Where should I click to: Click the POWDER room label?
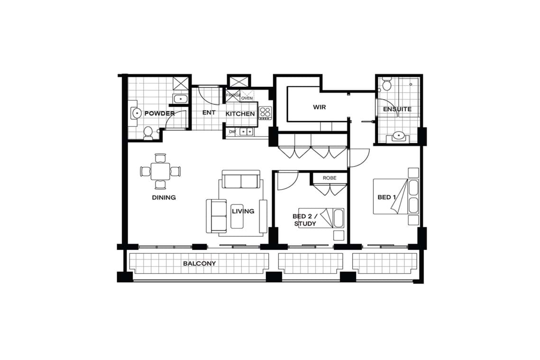[159, 113]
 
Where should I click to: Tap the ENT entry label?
[209, 113]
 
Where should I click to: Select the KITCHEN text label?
[240, 114]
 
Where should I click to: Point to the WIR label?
[319, 107]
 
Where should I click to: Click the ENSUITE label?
[397, 109]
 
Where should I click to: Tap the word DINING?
[164, 197]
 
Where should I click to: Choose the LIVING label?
[243, 211]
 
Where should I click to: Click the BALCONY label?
[200, 264]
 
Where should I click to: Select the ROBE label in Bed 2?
[329, 178]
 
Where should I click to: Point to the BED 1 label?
[386, 197]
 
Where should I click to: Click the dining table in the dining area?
[161, 171]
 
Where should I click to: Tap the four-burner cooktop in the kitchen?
[265, 113]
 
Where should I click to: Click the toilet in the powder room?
[148, 133]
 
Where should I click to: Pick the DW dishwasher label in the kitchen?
[232, 132]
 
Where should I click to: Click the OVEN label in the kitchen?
[247, 98]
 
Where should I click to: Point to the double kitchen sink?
[246, 131]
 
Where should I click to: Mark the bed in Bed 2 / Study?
[321, 218]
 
